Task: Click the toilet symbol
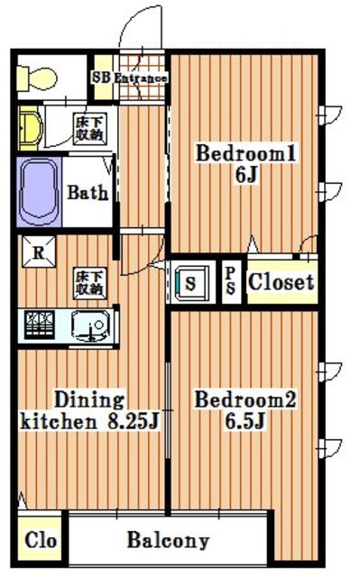(x=37, y=78)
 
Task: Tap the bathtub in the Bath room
(x=39, y=192)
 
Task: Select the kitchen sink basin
(x=90, y=326)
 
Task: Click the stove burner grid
(x=39, y=325)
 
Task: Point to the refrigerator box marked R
(x=39, y=252)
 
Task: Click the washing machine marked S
(x=190, y=283)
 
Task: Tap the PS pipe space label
(x=231, y=280)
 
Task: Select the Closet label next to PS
(x=281, y=282)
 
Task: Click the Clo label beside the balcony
(x=41, y=540)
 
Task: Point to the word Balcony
(x=168, y=541)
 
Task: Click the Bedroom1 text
(x=246, y=153)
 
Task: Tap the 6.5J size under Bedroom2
(x=245, y=421)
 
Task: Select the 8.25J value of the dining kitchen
(x=134, y=421)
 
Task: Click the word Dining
(x=89, y=400)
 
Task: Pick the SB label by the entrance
(x=101, y=78)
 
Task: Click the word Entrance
(x=141, y=78)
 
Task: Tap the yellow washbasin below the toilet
(x=30, y=128)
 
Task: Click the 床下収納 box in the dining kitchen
(x=89, y=282)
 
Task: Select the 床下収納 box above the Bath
(x=89, y=129)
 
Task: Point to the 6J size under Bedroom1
(x=246, y=175)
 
